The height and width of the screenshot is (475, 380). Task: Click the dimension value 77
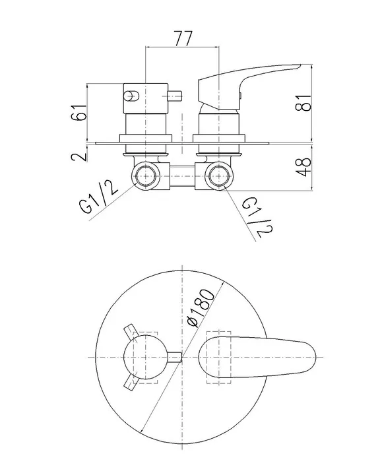tap(183, 38)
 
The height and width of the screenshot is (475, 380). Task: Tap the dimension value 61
tap(79, 112)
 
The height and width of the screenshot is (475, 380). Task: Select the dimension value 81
tap(303, 103)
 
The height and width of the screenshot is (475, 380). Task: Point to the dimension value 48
tap(303, 167)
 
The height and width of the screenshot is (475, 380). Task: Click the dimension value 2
tap(79, 156)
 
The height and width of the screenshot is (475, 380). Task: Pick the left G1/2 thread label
tap(98, 197)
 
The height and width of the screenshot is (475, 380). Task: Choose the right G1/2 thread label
tap(257, 217)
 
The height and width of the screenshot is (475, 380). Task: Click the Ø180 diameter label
tap(200, 308)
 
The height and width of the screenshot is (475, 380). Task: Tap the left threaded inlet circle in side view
tap(146, 176)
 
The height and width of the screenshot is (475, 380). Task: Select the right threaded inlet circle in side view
tap(218, 176)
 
